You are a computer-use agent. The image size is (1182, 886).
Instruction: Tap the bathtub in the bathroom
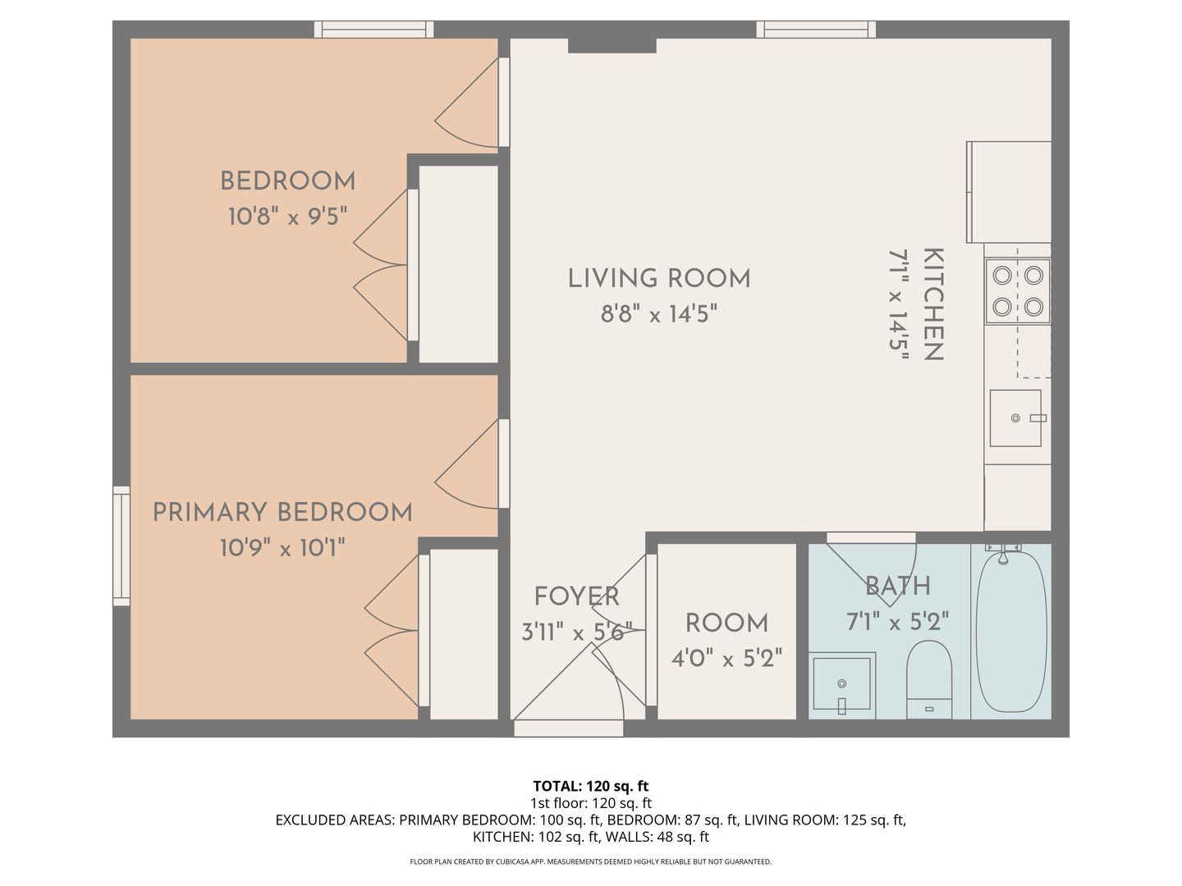(1010, 630)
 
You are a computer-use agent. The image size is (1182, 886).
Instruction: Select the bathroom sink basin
(841, 683)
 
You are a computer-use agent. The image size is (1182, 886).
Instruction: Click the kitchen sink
(1015, 418)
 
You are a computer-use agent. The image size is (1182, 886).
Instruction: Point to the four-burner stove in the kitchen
(1018, 290)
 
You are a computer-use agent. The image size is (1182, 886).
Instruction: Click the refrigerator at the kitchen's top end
(1009, 192)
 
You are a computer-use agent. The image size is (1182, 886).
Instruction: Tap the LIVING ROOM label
(659, 279)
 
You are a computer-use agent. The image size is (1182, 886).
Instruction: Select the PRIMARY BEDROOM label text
(282, 513)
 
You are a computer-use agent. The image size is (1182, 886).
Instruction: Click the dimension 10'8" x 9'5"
(287, 217)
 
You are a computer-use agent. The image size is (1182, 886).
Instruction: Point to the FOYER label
(576, 596)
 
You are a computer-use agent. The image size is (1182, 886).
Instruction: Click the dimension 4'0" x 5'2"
(726, 658)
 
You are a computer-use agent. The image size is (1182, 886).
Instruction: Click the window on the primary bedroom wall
(121, 546)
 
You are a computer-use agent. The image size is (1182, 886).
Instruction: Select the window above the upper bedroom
(374, 30)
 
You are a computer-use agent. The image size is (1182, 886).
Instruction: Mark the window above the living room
(815, 30)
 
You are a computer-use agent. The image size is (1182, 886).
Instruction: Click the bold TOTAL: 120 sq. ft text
(591, 786)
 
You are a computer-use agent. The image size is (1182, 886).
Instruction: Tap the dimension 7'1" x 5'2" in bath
(897, 621)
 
